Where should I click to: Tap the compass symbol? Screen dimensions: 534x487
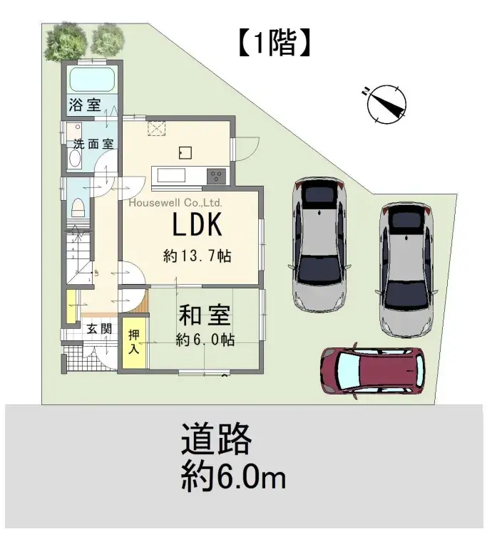(387, 104)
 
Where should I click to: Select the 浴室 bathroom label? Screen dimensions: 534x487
(85, 105)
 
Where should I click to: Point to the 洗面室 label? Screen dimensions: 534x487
(93, 143)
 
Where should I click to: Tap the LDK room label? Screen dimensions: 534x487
(198, 226)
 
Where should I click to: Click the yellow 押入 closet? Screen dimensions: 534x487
(133, 342)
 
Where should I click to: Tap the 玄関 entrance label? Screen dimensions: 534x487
(98, 328)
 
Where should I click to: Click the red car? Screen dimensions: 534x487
(372, 370)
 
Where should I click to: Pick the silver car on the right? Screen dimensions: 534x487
(407, 268)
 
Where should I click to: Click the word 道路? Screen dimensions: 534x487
(216, 439)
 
